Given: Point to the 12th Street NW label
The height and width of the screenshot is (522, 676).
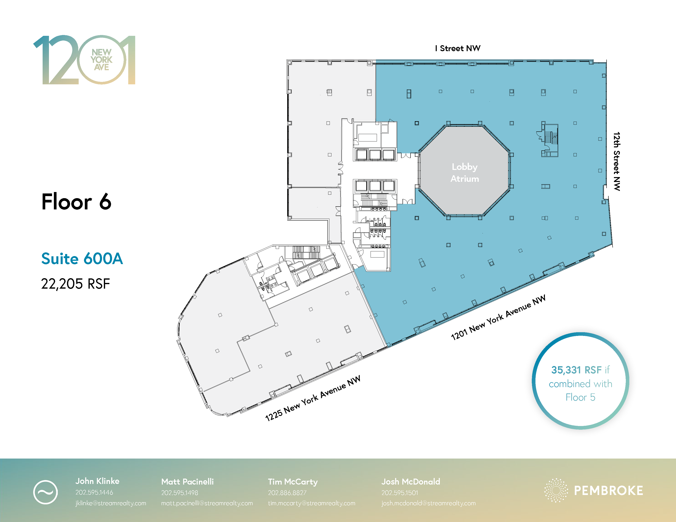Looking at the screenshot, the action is coord(617,162).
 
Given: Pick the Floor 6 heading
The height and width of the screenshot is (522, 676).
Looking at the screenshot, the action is coord(76,202).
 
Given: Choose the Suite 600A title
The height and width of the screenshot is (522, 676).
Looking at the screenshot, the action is coord(82,259).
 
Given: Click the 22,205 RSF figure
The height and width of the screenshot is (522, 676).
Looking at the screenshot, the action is coord(76,284).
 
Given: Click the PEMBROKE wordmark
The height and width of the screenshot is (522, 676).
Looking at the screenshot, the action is coord(609,491).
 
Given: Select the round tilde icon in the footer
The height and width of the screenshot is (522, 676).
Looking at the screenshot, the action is coord(45,492).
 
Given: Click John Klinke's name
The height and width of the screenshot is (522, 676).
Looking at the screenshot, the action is coord(97,481).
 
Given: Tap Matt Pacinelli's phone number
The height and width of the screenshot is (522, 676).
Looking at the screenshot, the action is coord(179,493).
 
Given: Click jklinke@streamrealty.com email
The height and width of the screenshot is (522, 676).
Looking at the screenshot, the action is coord(111,503).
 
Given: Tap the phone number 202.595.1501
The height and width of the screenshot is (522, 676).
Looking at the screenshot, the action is coord(400,493).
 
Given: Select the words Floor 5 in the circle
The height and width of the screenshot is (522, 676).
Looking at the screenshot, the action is coord(580,397).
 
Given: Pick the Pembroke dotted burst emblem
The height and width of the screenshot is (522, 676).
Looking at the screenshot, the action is coord(556,490).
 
